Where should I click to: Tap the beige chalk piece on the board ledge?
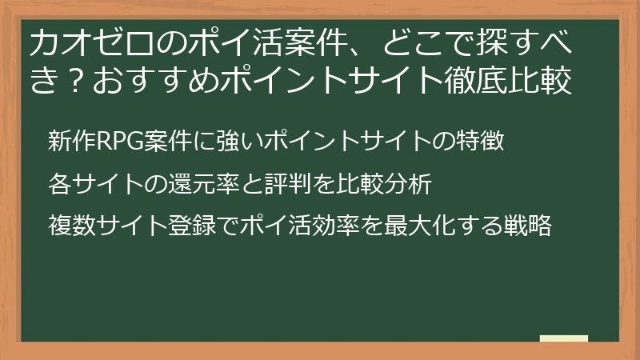pyautogui.click(x=563, y=338)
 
